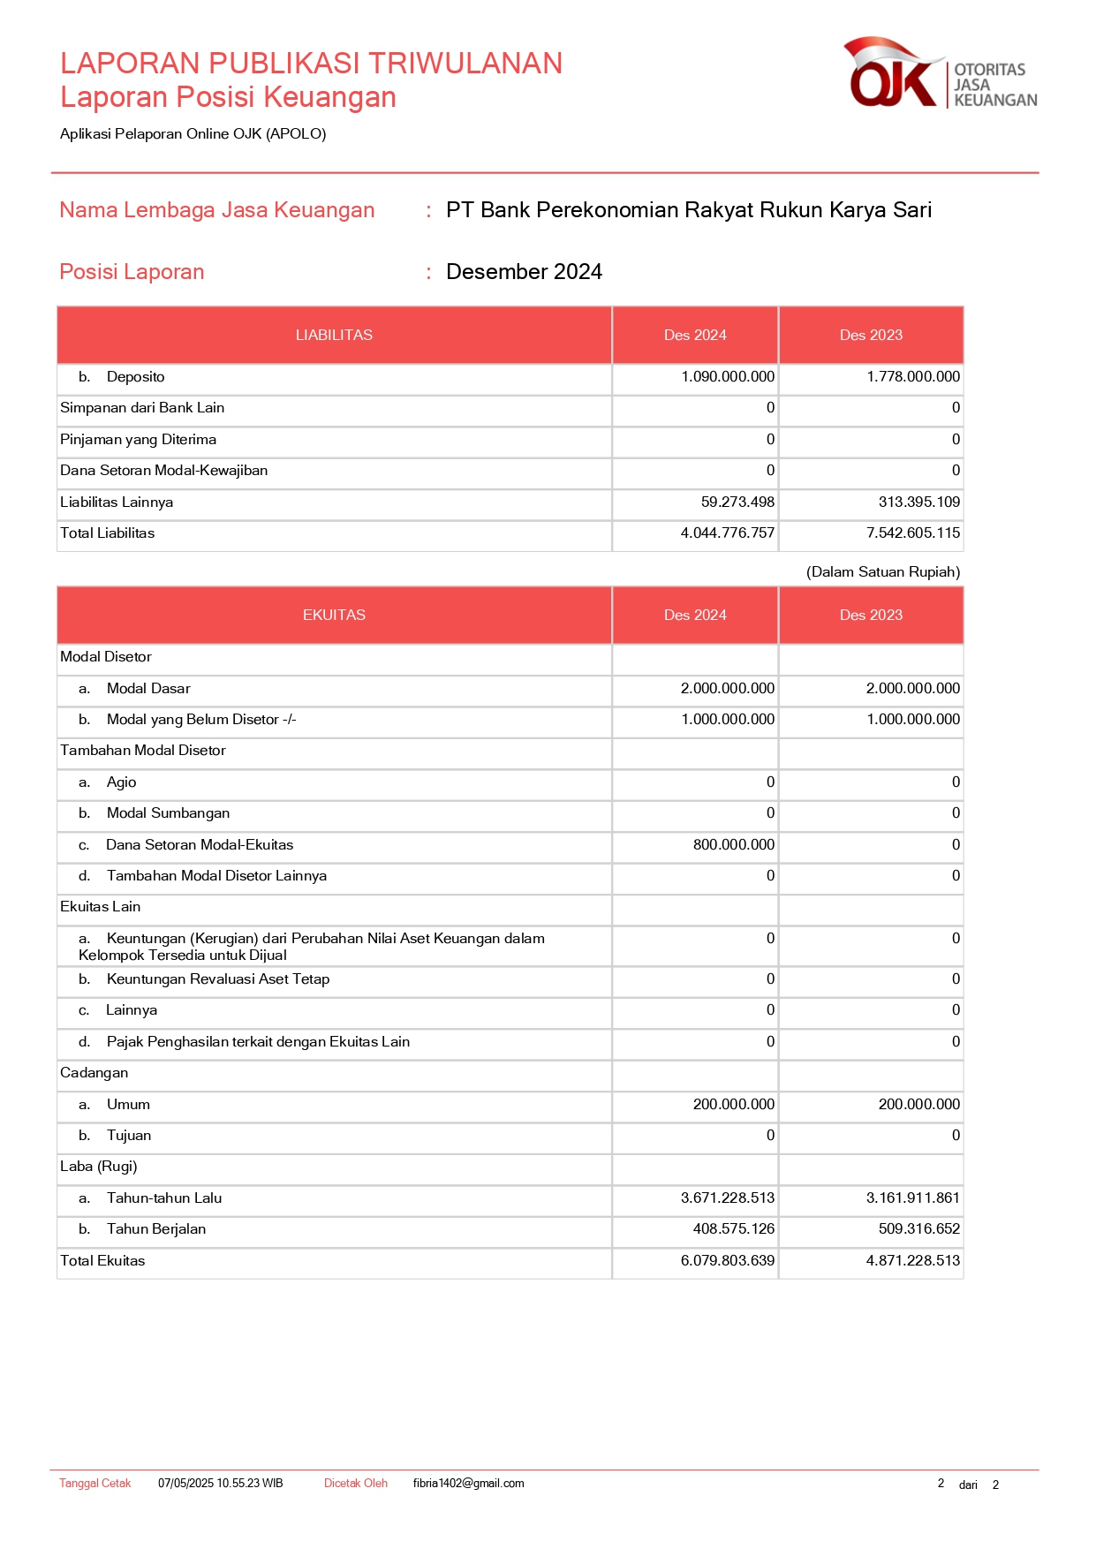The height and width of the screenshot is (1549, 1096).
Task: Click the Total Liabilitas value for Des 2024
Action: [x=727, y=533]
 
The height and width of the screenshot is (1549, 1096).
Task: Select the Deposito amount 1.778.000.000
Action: [x=912, y=377]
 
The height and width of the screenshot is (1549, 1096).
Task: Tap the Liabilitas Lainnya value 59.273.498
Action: [x=737, y=502]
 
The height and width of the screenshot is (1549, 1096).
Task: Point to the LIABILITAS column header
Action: [x=334, y=336]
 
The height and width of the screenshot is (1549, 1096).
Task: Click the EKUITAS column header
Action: [x=334, y=616]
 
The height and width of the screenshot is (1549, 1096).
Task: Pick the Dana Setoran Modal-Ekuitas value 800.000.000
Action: [x=733, y=845]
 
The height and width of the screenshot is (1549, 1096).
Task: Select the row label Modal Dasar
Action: [x=148, y=689]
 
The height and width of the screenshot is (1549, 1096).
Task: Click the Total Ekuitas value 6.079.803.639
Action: [x=727, y=1261]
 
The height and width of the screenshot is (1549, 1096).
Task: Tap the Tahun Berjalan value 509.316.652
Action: [x=918, y=1229]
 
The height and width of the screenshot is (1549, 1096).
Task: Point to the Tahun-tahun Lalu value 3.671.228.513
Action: [x=727, y=1198]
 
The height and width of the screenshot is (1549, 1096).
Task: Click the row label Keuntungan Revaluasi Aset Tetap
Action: [x=217, y=979]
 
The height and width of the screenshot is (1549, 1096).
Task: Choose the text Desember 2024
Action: [x=524, y=272]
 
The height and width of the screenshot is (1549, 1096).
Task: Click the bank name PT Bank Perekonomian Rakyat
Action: [x=689, y=210]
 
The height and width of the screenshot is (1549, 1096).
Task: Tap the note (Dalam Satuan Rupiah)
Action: [x=882, y=572]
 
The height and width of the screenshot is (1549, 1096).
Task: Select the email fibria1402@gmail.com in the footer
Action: [x=468, y=1484]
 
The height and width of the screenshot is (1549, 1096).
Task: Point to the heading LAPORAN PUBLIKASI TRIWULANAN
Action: [x=311, y=64]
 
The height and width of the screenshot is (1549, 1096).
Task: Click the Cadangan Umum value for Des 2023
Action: [x=918, y=1105]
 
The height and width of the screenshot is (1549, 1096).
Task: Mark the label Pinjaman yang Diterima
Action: [x=138, y=440]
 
